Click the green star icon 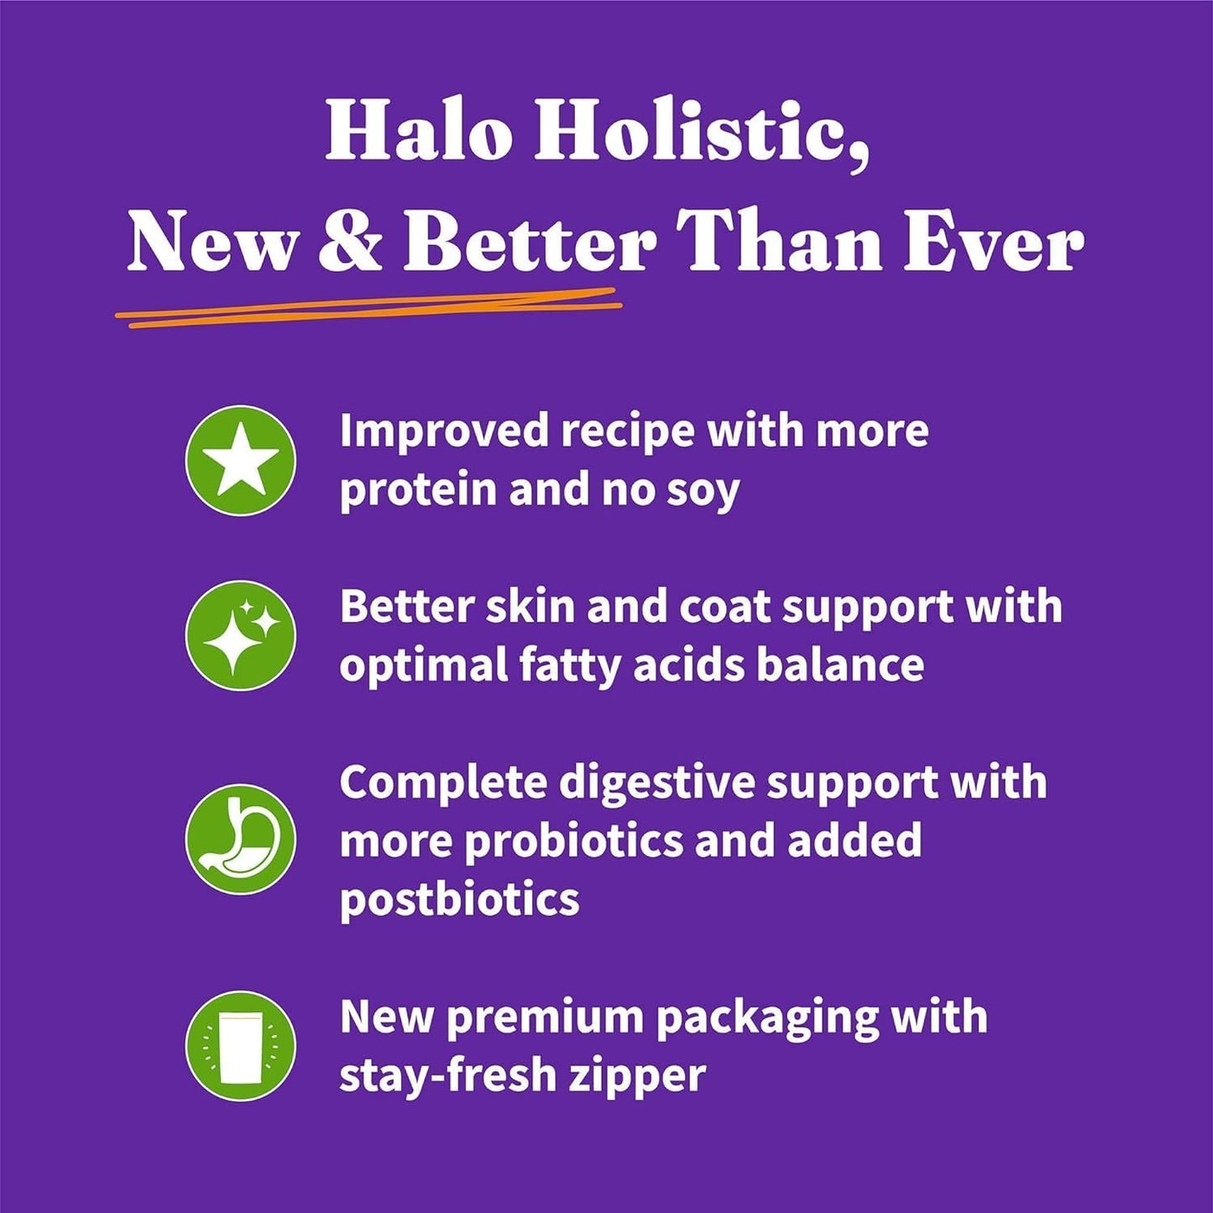tap(241, 460)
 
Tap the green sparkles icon tap(241, 635)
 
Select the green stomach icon tap(241, 839)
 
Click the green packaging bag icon tap(241, 1045)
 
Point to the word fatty tap(567, 666)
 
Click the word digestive tap(656, 783)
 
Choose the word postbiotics tap(459, 901)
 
